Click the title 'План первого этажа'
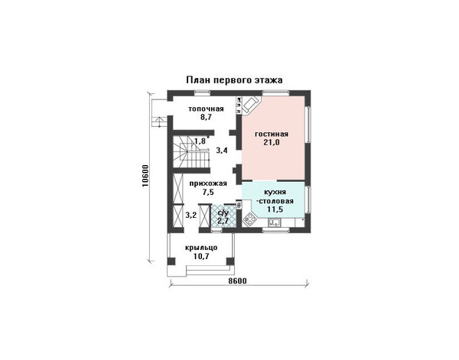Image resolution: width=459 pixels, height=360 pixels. (235, 80)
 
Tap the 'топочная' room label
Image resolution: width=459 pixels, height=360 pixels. (206, 109)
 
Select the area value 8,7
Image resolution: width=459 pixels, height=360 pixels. (206, 118)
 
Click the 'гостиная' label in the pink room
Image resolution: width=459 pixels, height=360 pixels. (272, 135)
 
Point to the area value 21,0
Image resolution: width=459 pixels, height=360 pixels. (272, 143)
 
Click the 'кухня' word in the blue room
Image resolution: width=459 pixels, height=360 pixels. (275, 193)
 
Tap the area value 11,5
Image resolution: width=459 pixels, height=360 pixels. (275, 209)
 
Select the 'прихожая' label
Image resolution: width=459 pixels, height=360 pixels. (208, 183)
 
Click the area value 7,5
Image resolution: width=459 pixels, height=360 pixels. (208, 192)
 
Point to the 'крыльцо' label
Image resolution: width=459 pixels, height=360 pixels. (201, 248)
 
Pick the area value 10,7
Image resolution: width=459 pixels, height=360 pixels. (201, 257)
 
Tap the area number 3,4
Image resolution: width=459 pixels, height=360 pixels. (222, 151)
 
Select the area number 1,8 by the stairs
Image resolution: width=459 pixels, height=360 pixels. (200, 141)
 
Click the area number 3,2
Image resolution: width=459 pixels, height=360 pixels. (190, 216)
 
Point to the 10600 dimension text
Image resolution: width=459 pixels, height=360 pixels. (146, 177)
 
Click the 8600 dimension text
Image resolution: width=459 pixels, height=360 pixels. (237, 281)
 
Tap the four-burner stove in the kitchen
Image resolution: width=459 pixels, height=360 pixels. (250, 219)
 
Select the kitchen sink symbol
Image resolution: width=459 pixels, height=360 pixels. (275, 223)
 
